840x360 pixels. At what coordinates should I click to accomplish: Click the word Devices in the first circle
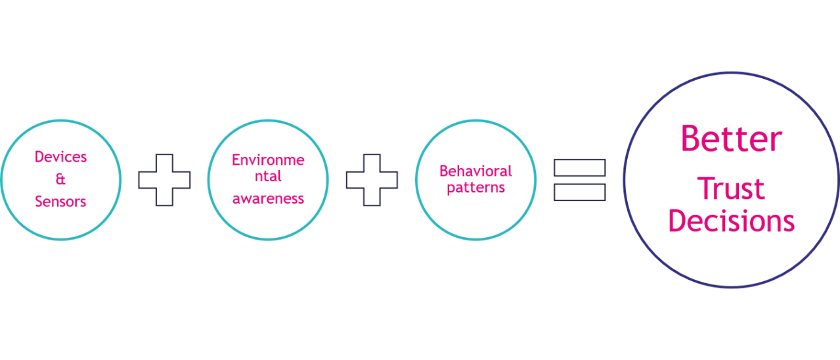pos(61,158)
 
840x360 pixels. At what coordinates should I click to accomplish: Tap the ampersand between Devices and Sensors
pos(61,180)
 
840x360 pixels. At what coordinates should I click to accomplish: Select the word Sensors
pos(61,202)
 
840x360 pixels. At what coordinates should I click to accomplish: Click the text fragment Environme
pos(267,160)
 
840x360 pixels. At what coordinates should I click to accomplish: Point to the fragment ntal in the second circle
pos(268,178)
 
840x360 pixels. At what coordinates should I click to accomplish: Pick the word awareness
pos(268,198)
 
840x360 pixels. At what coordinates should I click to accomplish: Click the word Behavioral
pos(475,171)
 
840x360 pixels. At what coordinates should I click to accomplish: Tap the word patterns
pos(475,187)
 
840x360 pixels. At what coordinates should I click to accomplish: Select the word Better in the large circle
pos(732,139)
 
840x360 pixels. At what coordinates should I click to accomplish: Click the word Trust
pos(731,189)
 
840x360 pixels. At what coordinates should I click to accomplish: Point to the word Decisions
pos(732,221)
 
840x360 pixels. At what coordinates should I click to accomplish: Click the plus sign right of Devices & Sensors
pos(164,180)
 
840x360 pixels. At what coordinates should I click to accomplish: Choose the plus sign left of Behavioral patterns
pos(372,180)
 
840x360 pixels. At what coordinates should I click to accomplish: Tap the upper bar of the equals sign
pos(579,168)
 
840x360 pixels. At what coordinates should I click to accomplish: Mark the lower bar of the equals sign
pos(579,192)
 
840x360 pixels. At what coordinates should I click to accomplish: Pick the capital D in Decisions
pos(676,221)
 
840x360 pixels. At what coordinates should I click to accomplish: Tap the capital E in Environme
pos(235,160)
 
